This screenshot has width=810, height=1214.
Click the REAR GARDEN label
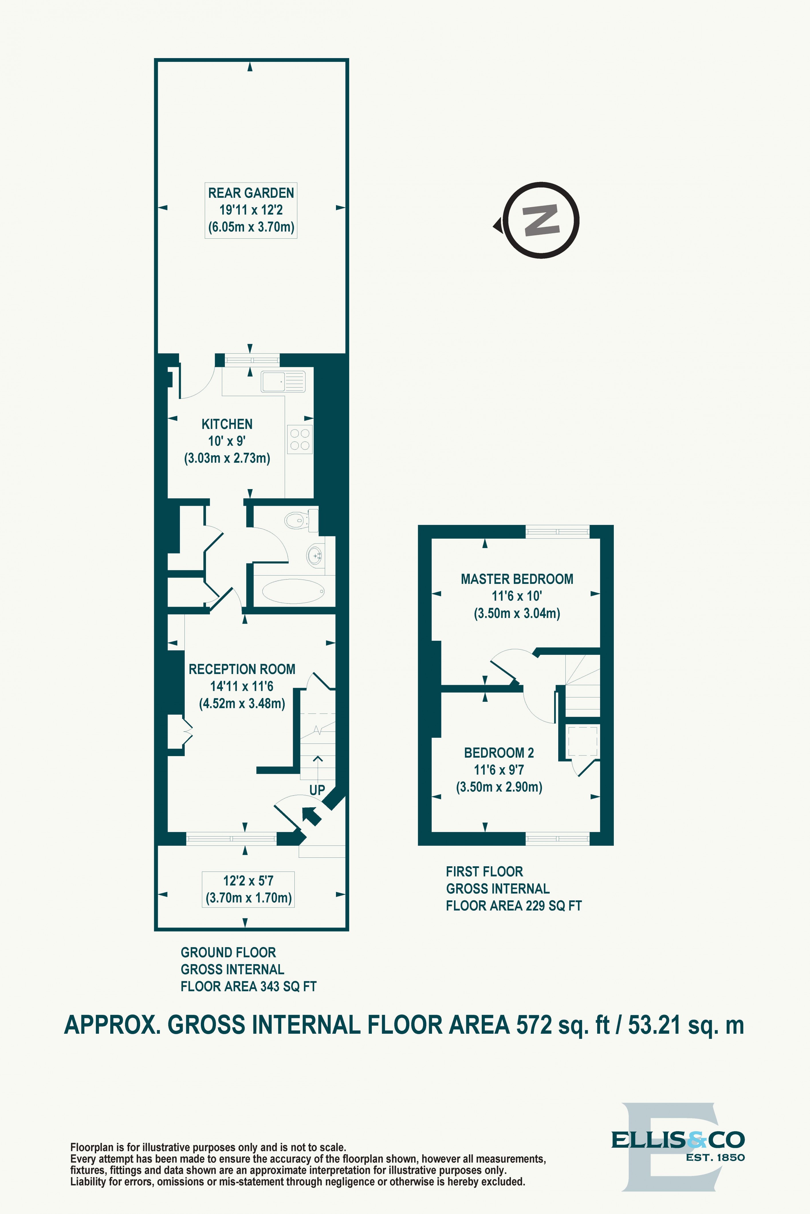(251, 193)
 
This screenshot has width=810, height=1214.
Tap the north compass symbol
(540, 220)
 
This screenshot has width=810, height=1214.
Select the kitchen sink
(283, 381)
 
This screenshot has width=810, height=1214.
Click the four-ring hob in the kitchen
(300, 439)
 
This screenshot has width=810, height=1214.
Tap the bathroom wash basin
(314, 556)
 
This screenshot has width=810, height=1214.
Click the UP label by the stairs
(317, 790)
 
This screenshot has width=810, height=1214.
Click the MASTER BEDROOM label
(517, 579)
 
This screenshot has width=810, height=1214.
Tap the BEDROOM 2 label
(498, 753)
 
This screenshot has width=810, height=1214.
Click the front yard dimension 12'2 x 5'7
(248, 881)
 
